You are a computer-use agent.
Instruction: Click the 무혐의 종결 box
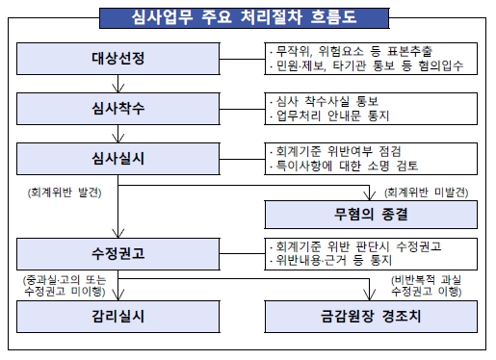point(372,211)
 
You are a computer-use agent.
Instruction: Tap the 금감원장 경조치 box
point(372,315)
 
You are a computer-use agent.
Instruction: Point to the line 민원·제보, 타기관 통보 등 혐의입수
point(367,67)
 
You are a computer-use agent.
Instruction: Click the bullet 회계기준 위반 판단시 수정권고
point(356,247)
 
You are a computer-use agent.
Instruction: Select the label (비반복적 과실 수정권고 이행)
point(430,286)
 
